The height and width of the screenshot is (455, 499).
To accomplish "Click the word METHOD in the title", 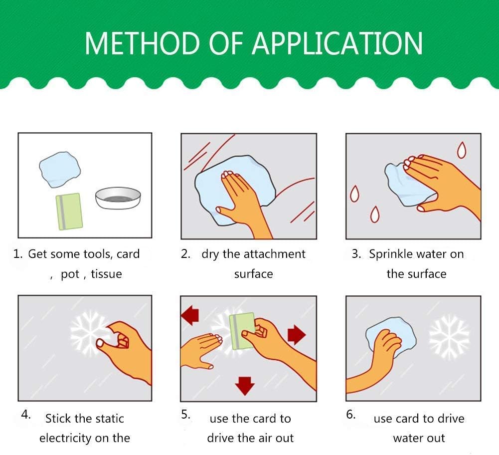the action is click(x=142, y=43).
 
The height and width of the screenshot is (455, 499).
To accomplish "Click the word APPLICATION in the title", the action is click(x=337, y=43).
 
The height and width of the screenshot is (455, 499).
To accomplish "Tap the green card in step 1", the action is click(x=69, y=212).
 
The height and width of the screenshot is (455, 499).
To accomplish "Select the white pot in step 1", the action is click(x=118, y=198).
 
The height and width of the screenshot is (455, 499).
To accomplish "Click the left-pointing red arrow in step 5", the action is click(x=190, y=315).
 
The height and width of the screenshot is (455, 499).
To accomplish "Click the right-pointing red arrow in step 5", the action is click(x=297, y=335).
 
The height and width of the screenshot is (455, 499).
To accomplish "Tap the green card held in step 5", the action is click(x=241, y=331).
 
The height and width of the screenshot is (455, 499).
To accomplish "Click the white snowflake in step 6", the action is click(x=449, y=337).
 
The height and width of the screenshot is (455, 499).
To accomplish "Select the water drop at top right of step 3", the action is click(x=462, y=150).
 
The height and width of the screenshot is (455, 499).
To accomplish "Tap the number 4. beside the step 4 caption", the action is click(x=26, y=415).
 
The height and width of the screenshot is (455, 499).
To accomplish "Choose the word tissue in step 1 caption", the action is click(x=106, y=274).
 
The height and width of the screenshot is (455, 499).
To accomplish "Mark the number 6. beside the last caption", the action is click(x=351, y=415).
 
